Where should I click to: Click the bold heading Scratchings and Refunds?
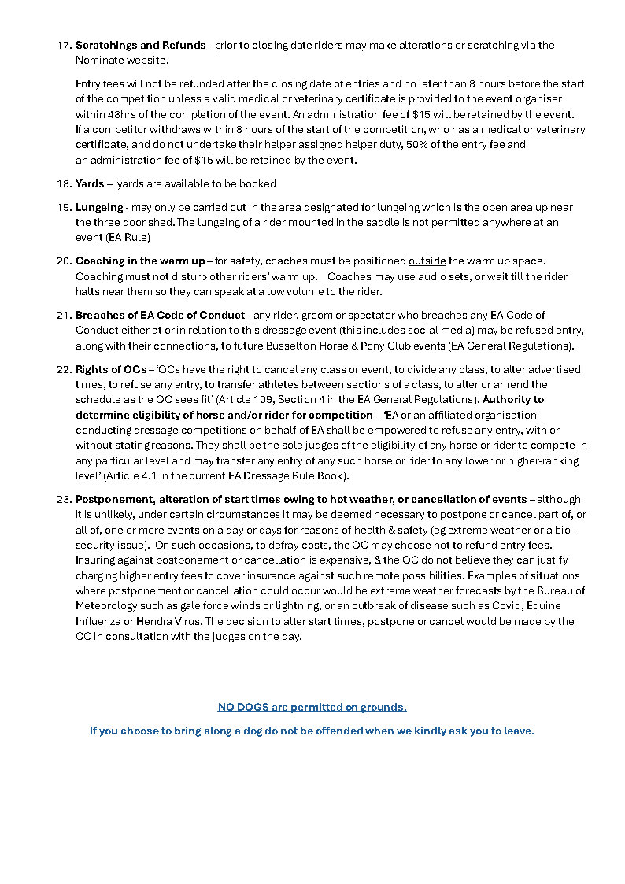point(140,45)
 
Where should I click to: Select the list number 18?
point(64,183)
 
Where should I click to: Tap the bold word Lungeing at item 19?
point(99,207)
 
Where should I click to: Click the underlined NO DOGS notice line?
point(312,707)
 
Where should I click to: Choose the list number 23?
point(64,499)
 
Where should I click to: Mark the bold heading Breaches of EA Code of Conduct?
point(160,315)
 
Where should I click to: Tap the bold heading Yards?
point(90,183)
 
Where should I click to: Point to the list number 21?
point(64,315)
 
